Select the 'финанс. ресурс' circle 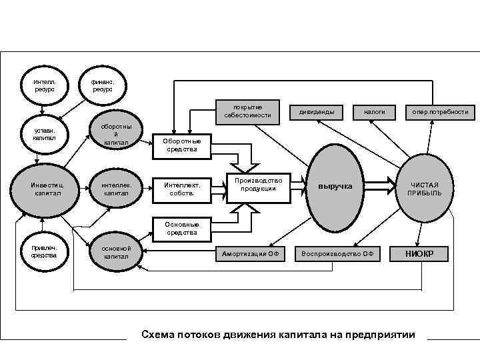point(102,85)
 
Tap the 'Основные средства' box point(182,229)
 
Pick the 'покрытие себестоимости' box point(248,111)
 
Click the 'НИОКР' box point(419,253)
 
